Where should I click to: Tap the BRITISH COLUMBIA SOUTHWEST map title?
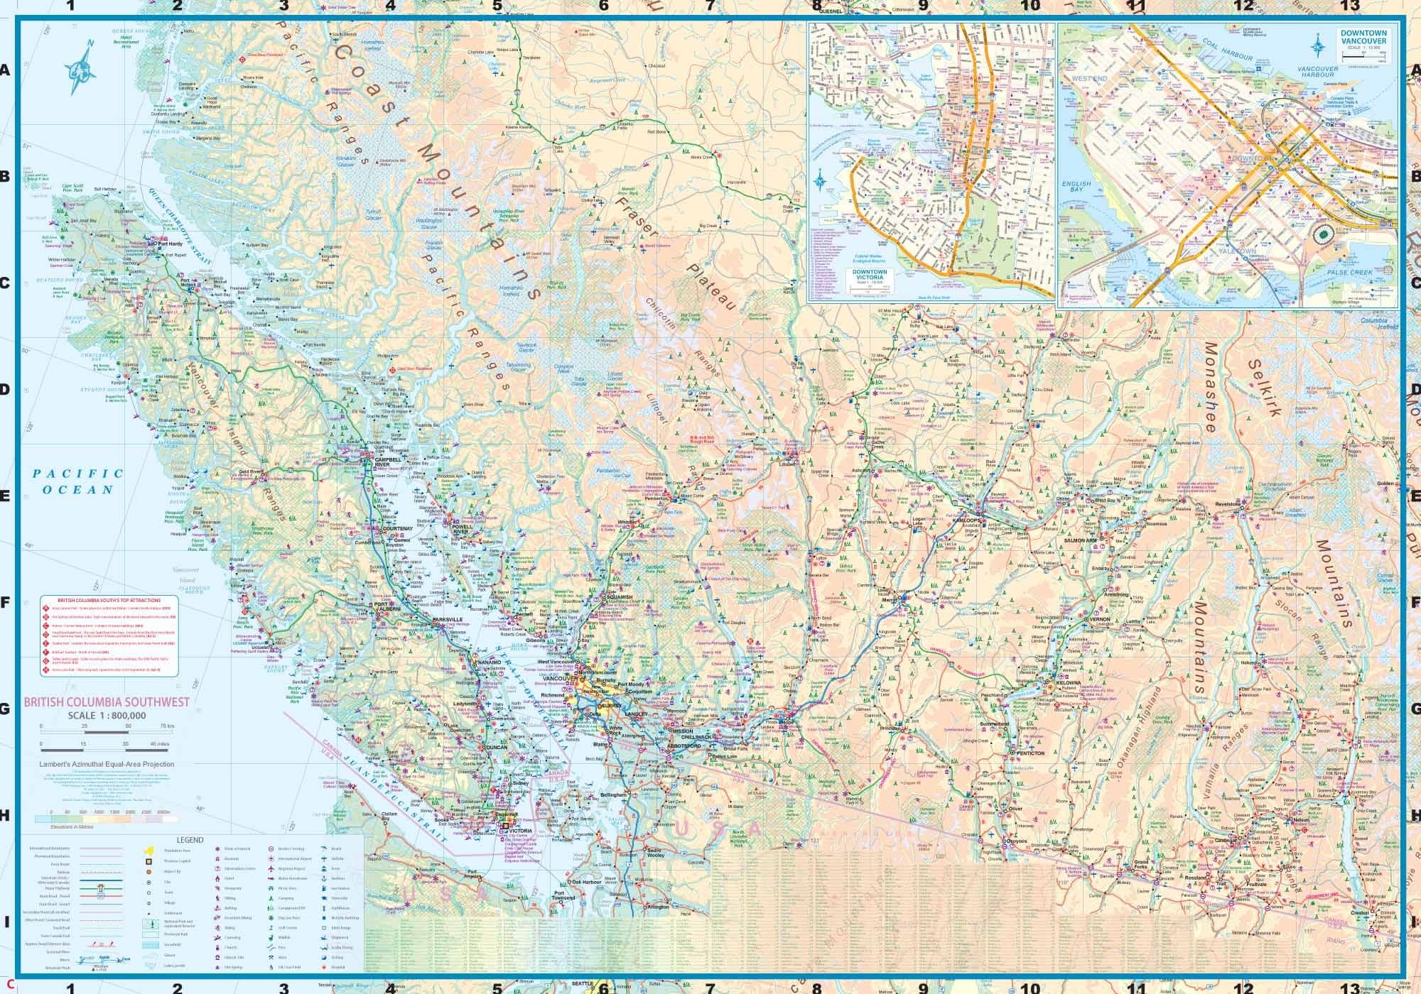[96, 702]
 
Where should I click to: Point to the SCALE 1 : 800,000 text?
[107, 715]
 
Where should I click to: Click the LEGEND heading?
[190, 840]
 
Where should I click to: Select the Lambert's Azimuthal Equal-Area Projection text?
[107, 765]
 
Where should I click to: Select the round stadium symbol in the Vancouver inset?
[1322, 234]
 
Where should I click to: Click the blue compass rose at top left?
[83, 67]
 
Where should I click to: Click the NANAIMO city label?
[490, 662]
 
